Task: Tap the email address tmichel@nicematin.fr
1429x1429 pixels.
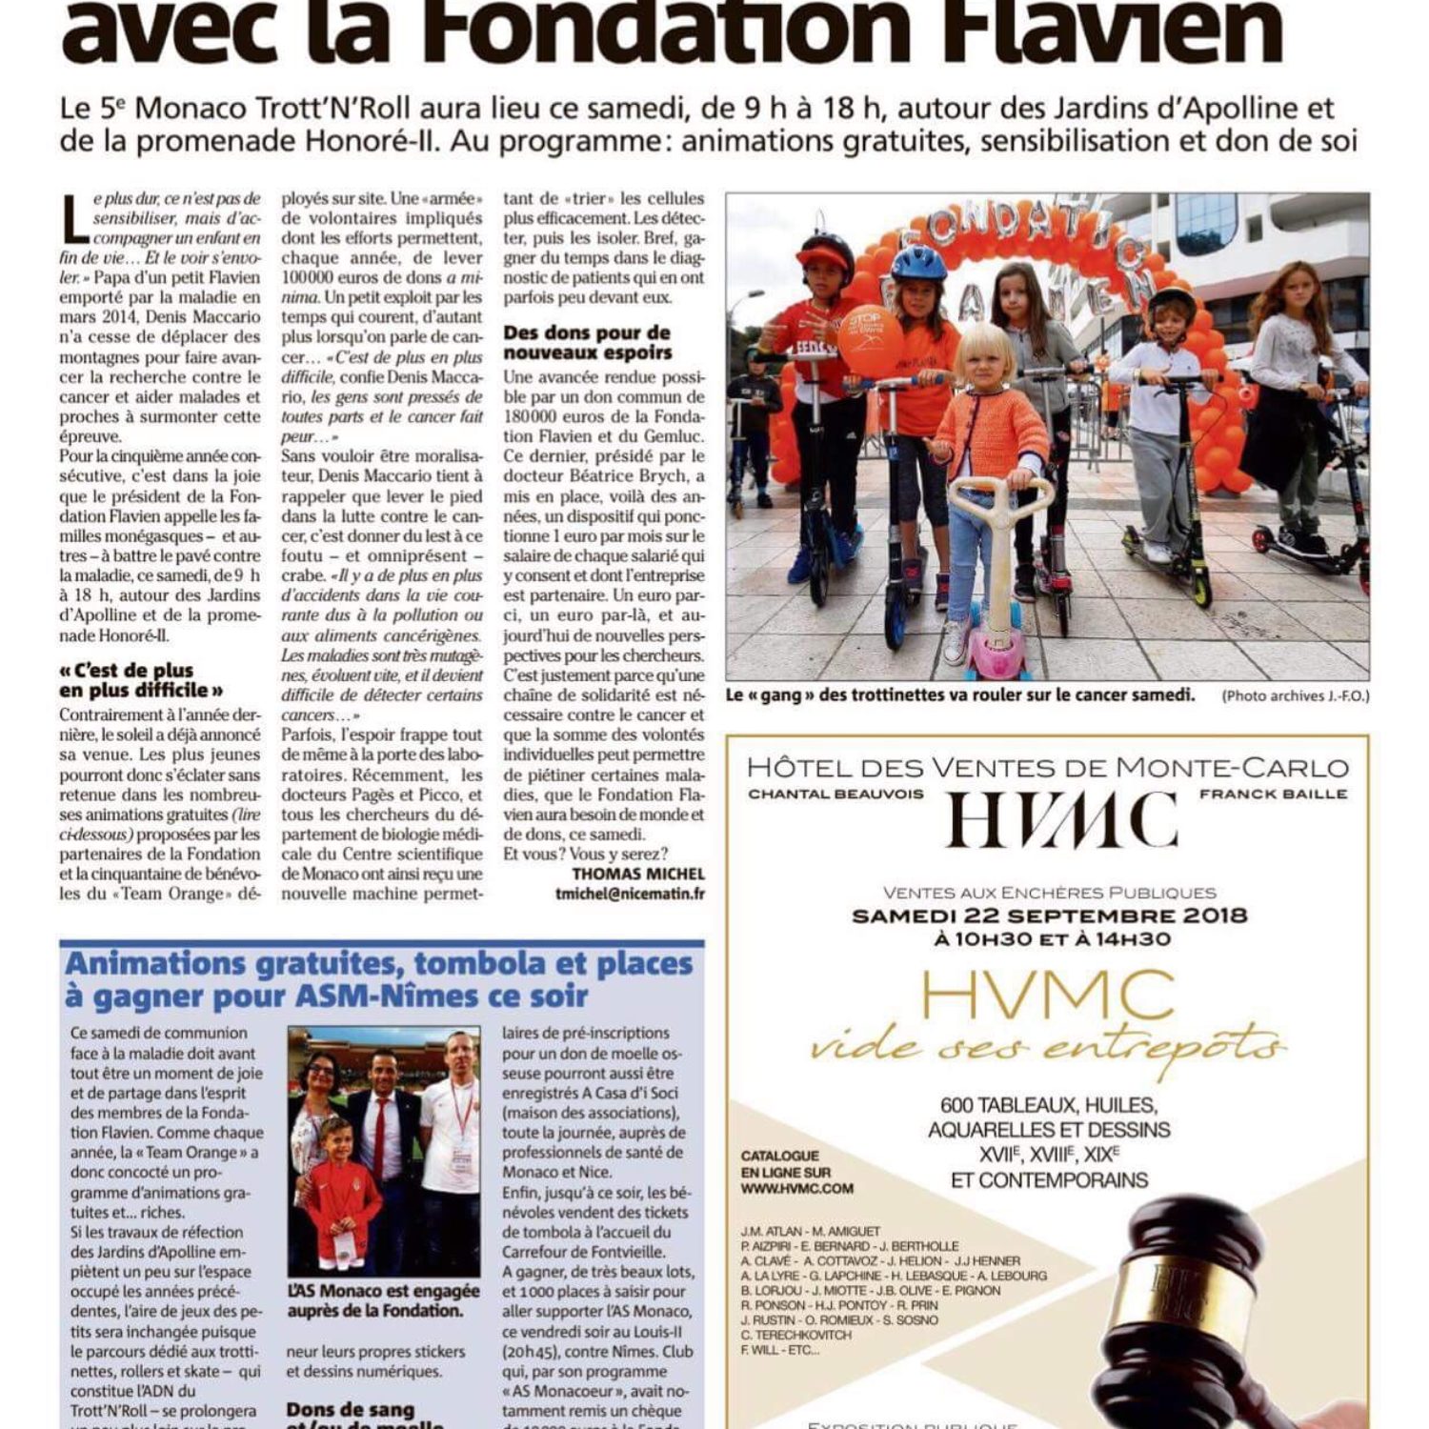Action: [x=630, y=894]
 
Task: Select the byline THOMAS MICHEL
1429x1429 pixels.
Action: [x=637, y=873]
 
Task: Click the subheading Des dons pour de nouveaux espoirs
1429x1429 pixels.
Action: [x=587, y=342]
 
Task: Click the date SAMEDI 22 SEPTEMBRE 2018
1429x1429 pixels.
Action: [x=1049, y=916]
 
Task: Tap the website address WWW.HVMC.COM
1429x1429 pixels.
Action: [x=796, y=1188]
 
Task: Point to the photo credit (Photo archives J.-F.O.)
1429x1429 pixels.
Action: [x=1295, y=695]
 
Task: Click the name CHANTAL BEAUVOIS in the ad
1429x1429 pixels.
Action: [x=835, y=794]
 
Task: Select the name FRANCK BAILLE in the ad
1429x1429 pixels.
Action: [x=1273, y=794]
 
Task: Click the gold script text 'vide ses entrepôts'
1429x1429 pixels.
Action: [x=1048, y=1048]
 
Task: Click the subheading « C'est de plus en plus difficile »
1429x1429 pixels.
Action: [x=141, y=679]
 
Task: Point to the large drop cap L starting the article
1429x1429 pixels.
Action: [x=76, y=221]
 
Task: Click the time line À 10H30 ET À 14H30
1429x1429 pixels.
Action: [x=1049, y=939]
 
